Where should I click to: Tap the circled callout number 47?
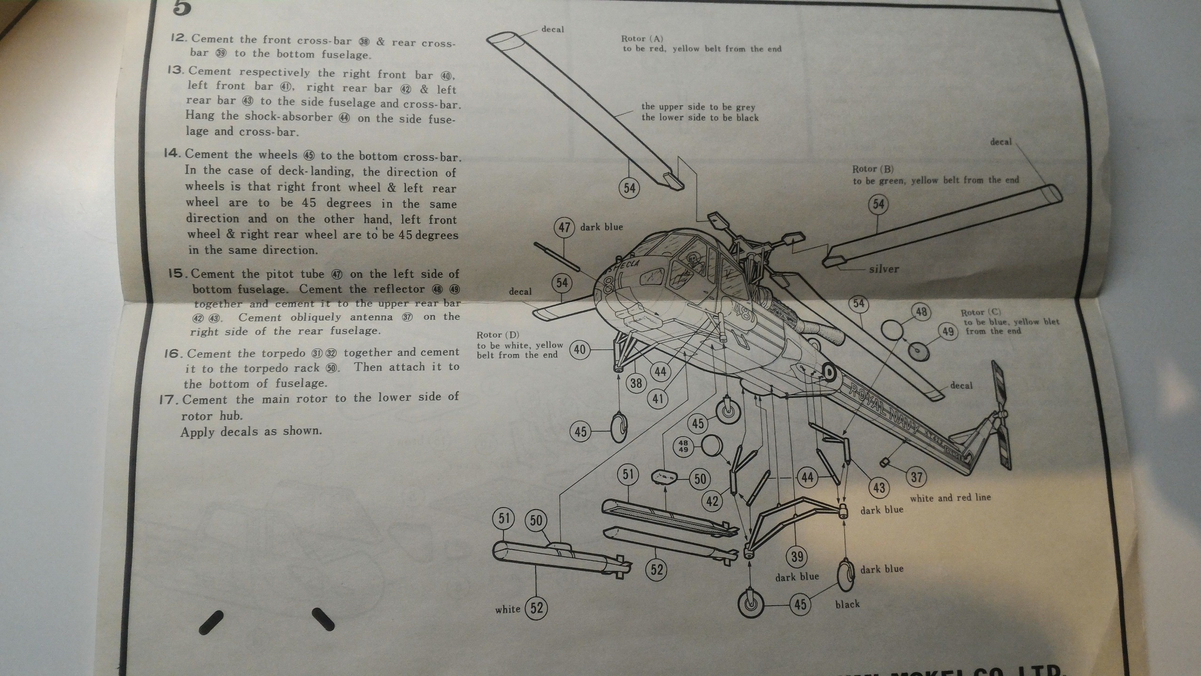click(x=564, y=227)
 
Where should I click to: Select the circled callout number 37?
click(x=916, y=477)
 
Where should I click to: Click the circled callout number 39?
click(x=797, y=557)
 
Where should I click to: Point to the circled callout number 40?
click(x=580, y=350)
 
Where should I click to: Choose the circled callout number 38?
click(x=636, y=383)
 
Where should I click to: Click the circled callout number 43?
click(x=879, y=487)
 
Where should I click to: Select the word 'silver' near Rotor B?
click(x=884, y=269)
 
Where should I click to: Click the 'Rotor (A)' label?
click(x=642, y=38)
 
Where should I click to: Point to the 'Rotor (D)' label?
click(x=498, y=335)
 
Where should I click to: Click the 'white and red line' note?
click(x=950, y=498)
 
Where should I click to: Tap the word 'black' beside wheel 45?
click(x=847, y=604)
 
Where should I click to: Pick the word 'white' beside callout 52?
click(x=508, y=609)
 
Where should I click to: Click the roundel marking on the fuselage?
click(x=830, y=373)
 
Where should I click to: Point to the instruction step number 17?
click(x=167, y=400)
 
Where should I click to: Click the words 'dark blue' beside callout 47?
click(x=601, y=227)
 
